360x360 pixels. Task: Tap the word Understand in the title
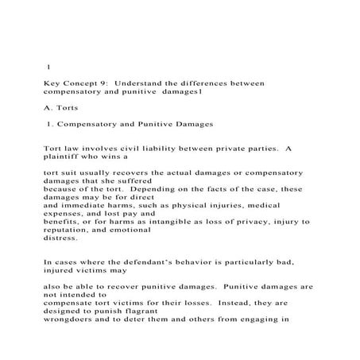(x=141, y=82)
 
